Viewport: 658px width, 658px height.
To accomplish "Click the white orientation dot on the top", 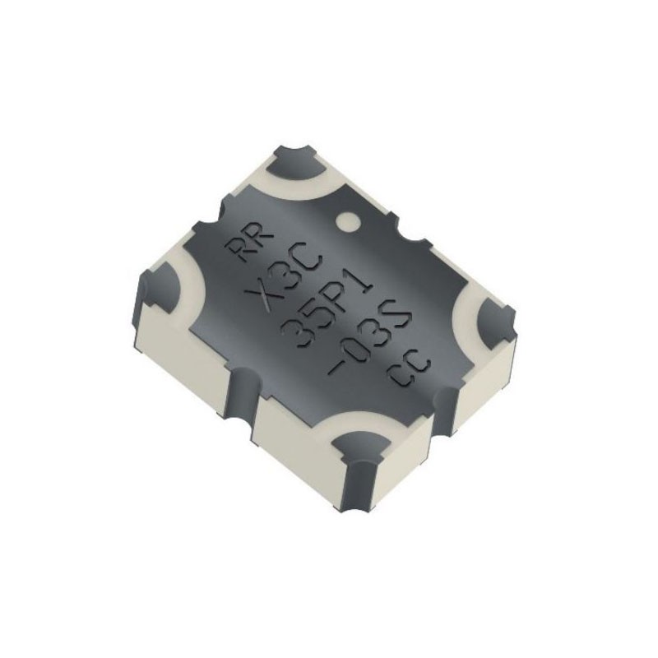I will tap(348, 220).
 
